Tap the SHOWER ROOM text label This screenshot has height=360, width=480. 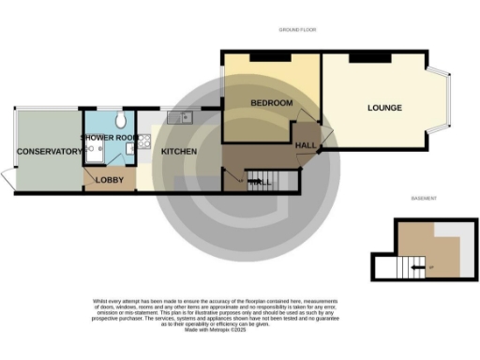click(109, 138)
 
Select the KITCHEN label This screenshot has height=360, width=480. click(178, 152)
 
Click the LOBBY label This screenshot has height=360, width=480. click(110, 180)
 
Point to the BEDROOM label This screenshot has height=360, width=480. click(272, 102)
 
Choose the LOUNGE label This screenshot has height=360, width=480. click(384, 108)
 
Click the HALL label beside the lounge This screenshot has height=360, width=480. click(307, 145)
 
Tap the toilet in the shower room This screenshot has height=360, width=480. click(122, 121)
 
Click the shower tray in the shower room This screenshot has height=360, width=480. click(97, 156)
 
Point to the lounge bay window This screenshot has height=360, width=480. click(444, 98)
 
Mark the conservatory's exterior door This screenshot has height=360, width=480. click(7, 177)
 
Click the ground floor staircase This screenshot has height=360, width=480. click(263, 181)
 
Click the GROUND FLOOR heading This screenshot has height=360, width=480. click(299, 31)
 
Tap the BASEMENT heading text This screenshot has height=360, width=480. click(425, 199)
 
